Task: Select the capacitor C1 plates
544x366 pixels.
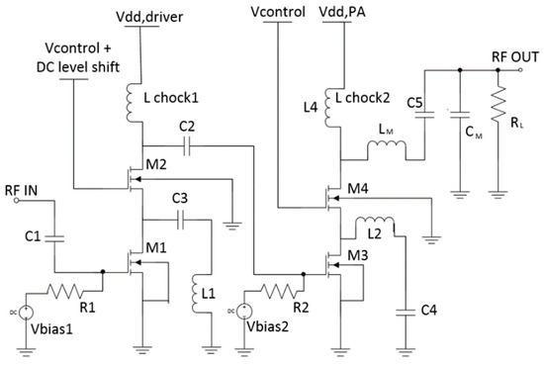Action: click(x=54, y=238)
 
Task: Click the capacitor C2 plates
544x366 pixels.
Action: click(x=187, y=146)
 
